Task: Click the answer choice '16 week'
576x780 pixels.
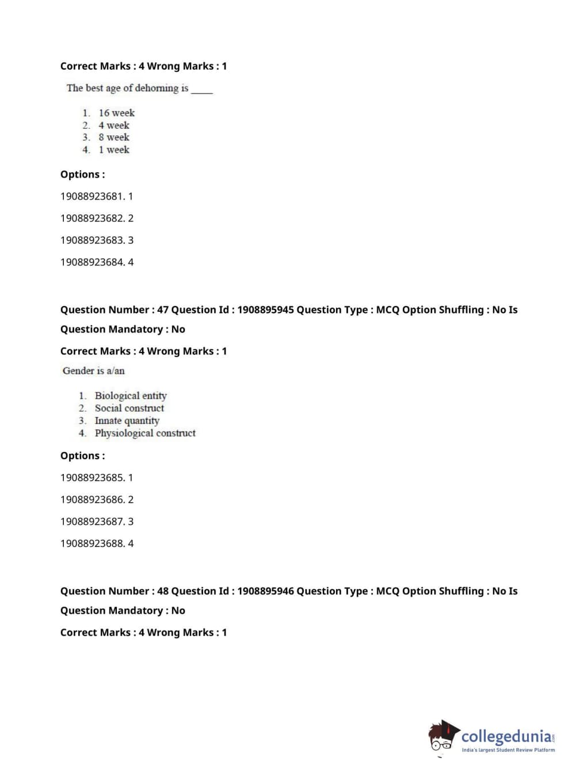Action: pos(116,113)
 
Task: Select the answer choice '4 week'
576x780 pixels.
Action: pos(113,125)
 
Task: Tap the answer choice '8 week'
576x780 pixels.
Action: pos(113,137)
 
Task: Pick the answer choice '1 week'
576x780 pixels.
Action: pos(113,150)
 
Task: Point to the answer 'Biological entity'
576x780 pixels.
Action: pos(131,396)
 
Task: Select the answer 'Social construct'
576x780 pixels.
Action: pos(129,408)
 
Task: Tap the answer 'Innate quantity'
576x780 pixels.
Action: pos(127,420)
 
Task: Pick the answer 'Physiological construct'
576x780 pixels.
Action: pos(145,433)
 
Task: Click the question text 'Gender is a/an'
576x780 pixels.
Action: pos(94,371)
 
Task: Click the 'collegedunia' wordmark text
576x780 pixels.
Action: pos(506,736)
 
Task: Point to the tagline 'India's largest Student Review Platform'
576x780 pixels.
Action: pos(508,750)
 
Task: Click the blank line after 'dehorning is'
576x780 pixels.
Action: pos(202,91)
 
